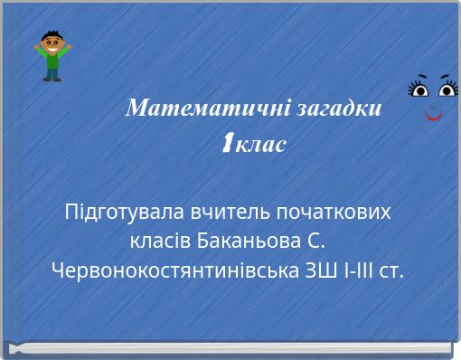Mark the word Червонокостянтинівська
pyautogui.click(x=168, y=270)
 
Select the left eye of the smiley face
pyautogui.click(x=419, y=89)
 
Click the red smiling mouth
pyautogui.click(x=433, y=116)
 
